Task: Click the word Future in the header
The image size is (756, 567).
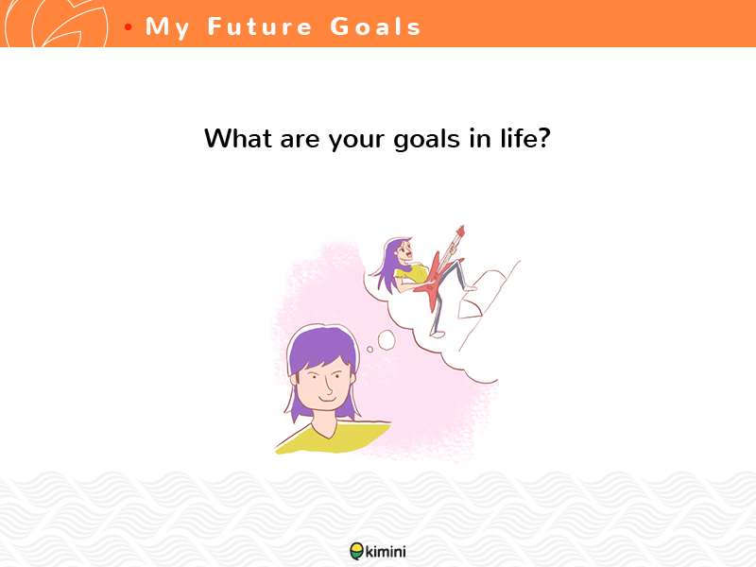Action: pyautogui.click(x=260, y=26)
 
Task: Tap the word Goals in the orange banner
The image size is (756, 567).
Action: pyautogui.click(x=375, y=26)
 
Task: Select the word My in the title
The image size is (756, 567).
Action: pyautogui.click(x=167, y=28)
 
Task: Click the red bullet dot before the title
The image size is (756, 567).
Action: pyautogui.click(x=128, y=27)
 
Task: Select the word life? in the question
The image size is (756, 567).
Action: pyautogui.click(x=525, y=138)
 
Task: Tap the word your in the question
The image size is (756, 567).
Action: pyautogui.click(x=356, y=141)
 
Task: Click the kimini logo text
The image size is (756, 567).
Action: pyautogui.click(x=386, y=551)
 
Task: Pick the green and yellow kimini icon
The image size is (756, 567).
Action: pyautogui.click(x=357, y=551)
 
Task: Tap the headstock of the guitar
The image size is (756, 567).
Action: pyautogui.click(x=460, y=232)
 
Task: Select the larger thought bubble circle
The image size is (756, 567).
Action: pyautogui.click(x=387, y=340)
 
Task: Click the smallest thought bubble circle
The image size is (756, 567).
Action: pyautogui.click(x=369, y=349)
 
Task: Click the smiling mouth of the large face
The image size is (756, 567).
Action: pyautogui.click(x=328, y=399)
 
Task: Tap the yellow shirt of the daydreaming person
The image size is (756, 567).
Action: pyautogui.click(x=333, y=438)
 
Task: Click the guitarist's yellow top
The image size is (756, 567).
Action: pyautogui.click(x=410, y=274)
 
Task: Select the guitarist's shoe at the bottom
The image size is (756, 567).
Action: pyautogui.click(x=438, y=334)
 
